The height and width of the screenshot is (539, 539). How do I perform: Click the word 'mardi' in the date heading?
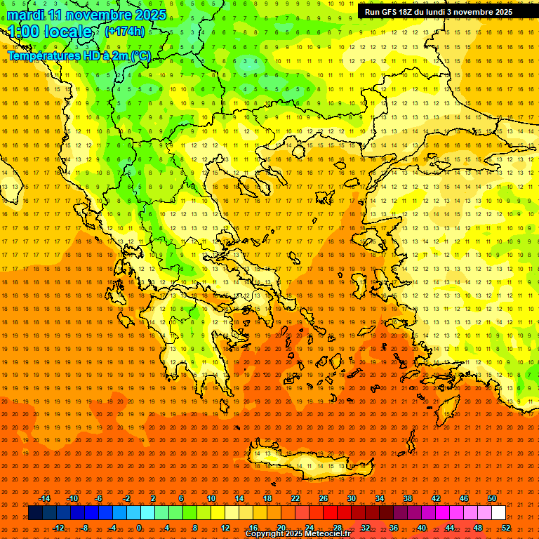pos(27,15)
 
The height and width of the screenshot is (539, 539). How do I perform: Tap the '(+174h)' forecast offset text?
pos(124,32)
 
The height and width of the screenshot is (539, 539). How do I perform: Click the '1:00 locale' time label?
pos(50,32)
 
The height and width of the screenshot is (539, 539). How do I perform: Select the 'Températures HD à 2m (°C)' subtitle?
pos(79,55)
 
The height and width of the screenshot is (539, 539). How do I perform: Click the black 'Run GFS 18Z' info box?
pos(448,12)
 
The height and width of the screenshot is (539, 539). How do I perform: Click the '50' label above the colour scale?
pos(491,498)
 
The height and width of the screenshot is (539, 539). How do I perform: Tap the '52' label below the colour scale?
pos(506,527)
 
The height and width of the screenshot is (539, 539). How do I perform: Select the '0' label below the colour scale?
pos(138,527)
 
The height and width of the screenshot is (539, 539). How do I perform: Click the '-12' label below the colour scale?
pos(58,527)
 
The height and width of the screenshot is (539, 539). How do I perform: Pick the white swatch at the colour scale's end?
pos(498,513)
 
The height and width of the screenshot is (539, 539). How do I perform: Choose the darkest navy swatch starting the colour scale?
pos(35,513)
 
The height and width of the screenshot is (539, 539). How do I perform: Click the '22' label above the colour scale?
pos(295,498)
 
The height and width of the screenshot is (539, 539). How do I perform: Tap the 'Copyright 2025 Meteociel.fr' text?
pos(298,534)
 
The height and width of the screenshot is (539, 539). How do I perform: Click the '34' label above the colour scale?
pos(380,498)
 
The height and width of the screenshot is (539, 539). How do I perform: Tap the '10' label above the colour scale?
pos(211,498)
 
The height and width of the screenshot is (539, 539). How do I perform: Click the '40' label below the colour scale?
pos(421,527)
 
